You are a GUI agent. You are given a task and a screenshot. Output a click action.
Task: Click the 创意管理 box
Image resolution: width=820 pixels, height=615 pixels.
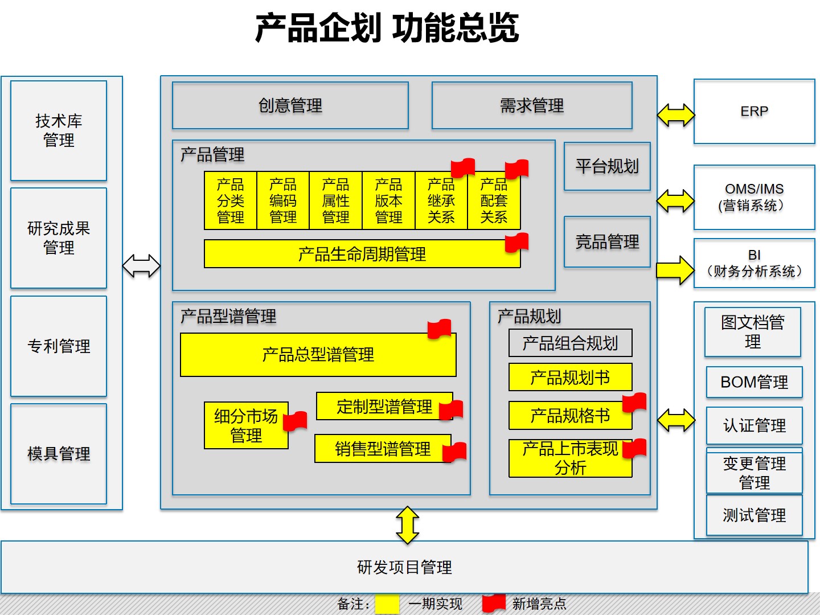[x=290, y=105]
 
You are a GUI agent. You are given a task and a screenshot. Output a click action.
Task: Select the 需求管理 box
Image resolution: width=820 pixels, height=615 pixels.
[x=532, y=105]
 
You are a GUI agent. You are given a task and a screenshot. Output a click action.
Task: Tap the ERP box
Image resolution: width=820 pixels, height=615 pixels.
[x=754, y=112]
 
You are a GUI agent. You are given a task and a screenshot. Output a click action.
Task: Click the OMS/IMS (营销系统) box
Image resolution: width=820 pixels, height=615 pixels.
[x=754, y=197]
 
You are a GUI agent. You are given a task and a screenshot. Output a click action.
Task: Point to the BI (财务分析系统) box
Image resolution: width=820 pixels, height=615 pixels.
[x=754, y=263]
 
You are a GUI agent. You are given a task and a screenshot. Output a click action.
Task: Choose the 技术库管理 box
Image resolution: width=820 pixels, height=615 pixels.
[x=59, y=130]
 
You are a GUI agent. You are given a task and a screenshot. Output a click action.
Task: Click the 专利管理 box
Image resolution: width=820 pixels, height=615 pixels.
[x=59, y=346]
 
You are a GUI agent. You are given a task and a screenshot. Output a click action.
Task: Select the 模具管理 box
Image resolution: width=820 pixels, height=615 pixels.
[x=59, y=453]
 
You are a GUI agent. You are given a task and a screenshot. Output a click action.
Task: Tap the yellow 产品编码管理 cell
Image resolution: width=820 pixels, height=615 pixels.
[x=283, y=200]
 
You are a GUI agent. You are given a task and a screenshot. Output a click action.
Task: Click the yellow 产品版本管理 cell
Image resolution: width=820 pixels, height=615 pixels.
[x=388, y=200]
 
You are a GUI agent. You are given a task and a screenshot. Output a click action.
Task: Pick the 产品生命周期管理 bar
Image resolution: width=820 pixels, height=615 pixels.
[x=362, y=254]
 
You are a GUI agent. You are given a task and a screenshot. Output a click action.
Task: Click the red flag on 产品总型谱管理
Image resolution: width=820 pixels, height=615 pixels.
[x=440, y=329]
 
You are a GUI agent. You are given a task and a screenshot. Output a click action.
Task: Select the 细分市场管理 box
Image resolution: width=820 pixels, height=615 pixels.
[x=246, y=425]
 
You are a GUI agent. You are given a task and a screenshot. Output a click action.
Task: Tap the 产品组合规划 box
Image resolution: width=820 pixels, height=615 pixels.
[x=570, y=343]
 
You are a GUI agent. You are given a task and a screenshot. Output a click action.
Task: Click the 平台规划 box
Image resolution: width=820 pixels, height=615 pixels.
[x=607, y=166]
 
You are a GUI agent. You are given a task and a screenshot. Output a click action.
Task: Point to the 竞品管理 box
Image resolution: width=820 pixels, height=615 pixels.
[x=607, y=241]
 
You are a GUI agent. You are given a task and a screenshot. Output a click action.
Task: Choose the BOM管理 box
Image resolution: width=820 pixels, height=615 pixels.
[x=754, y=382]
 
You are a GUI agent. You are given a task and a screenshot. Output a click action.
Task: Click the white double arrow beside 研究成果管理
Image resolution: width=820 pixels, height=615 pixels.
[x=142, y=265]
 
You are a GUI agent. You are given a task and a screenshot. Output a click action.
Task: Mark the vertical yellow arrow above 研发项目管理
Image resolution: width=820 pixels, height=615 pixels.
[x=408, y=524]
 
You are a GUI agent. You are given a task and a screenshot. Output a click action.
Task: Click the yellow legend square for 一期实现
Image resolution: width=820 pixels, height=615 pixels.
[x=387, y=604]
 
